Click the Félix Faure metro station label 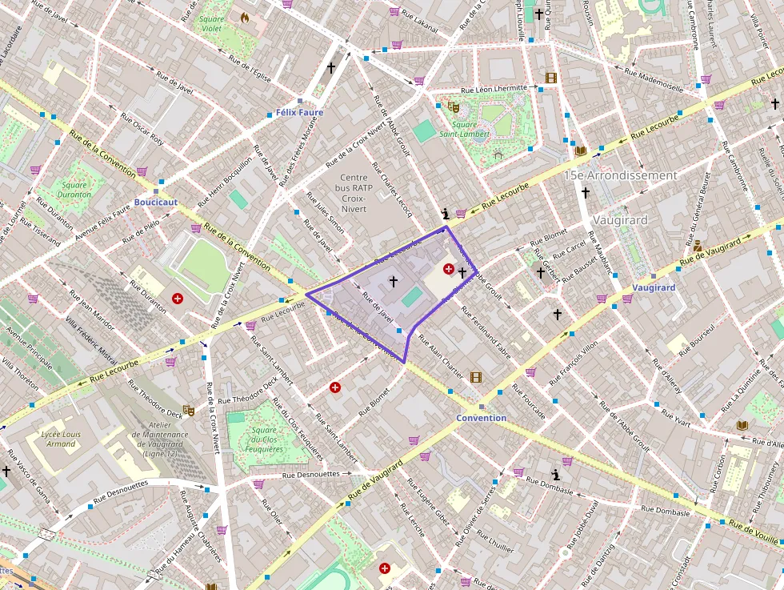(299, 113)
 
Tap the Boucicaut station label (155, 203)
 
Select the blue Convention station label (481, 418)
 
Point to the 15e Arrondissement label (620, 175)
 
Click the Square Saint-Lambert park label (464, 129)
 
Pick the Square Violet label (211, 23)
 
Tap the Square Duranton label (74, 190)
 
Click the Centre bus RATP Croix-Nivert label (354, 193)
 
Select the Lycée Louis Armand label (60, 439)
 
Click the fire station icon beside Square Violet (245, 16)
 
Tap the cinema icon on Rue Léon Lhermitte (550, 78)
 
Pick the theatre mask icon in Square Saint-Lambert (454, 106)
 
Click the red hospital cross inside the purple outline (449, 269)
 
